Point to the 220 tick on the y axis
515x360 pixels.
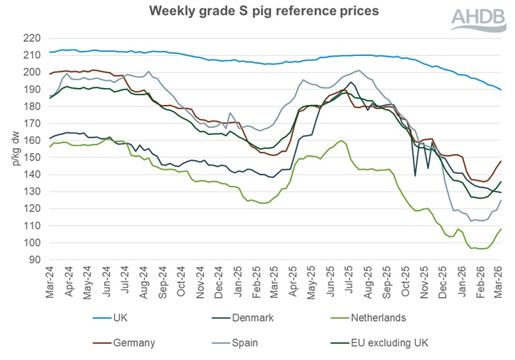(33, 38)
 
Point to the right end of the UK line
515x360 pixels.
(501, 89)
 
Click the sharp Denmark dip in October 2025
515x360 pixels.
(416, 175)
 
